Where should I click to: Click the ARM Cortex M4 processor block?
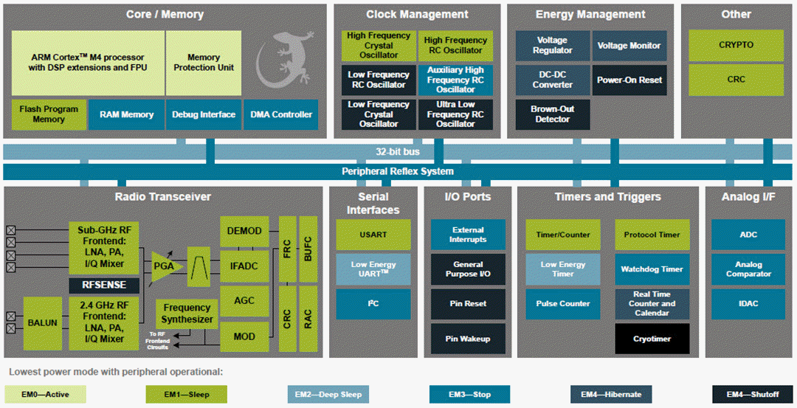tap(88, 62)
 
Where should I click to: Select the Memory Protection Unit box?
tap(204, 62)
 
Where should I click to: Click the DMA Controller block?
tap(281, 114)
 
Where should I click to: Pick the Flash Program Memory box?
tap(49, 114)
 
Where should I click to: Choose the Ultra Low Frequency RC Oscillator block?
tap(455, 114)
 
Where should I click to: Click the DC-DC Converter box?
tap(553, 80)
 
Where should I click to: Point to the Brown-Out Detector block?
tap(553, 114)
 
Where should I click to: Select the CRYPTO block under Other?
tap(736, 45)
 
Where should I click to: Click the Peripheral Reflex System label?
tap(398, 171)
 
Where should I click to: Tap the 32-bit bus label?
tap(398, 152)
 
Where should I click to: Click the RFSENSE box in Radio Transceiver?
tap(104, 285)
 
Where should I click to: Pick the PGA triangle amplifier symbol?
tap(166, 262)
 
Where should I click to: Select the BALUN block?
tap(43, 322)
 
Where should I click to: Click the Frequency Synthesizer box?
tap(187, 314)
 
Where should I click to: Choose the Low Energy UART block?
tap(373, 269)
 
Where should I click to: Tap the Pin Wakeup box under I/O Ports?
tap(468, 339)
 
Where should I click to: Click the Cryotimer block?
tap(652, 339)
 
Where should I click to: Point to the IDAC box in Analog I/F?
tap(748, 304)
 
